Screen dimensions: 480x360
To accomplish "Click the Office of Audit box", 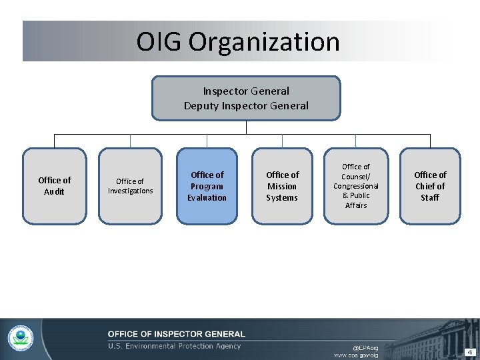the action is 55,185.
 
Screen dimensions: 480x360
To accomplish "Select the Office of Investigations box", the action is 130,185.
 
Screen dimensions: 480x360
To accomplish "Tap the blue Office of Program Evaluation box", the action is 207,185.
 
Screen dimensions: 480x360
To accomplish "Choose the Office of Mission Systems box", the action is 282,185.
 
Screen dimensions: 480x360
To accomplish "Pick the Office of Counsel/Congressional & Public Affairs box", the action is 356,185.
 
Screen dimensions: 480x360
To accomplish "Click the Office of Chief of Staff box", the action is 430,185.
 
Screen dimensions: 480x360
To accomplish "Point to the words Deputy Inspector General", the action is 246,105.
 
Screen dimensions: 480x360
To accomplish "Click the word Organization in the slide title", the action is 264,41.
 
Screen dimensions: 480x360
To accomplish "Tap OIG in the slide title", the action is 159,41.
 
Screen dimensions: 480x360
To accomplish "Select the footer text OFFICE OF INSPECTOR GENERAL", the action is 177,334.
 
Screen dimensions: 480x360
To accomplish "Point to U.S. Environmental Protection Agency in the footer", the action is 175,346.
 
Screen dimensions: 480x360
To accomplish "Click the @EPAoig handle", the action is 365,347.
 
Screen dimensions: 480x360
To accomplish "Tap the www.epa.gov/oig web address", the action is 355,355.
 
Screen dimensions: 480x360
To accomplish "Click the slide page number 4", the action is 469,351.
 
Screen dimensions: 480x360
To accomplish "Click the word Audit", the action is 55,192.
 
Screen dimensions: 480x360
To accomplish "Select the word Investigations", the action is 130,191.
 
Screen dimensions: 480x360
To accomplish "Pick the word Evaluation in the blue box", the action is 207,197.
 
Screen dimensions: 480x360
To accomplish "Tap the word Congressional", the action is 356,186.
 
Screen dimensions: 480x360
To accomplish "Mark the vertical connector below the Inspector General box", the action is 246,127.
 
